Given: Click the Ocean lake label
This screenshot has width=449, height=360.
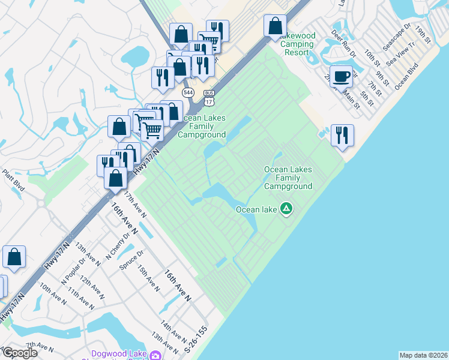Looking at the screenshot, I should pyautogui.click(x=256, y=209).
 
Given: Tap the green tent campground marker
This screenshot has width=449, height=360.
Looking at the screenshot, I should pyautogui.click(x=287, y=209).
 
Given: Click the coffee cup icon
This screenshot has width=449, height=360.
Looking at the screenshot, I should pyautogui.click(x=341, y=76).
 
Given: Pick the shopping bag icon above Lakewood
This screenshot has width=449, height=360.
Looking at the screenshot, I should pyautogui.click(x=275, y=26).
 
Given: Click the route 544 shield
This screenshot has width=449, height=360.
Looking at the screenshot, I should pyautogui.click(x=188, y=92).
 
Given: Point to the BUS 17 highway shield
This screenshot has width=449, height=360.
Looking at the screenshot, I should pyautogui.click(x=209, y=96).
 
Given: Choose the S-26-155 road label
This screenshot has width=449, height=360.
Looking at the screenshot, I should pyautogui.click(x=196, y=339).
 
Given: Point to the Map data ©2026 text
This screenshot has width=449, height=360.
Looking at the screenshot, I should pyautogui.click(x=424, y=355).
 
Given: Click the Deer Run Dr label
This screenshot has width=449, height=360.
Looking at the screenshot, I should pyautogui.click(x=344, y=46).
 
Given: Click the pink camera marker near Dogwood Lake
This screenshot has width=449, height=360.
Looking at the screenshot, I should pyautogui.click(x=156, y=355).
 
